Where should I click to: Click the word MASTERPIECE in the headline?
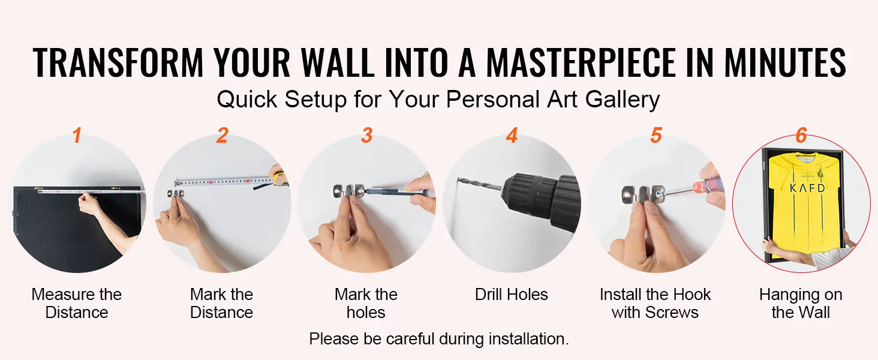coord(581,63)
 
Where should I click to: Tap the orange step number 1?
coord(77,135)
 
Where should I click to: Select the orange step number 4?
coord(512,135)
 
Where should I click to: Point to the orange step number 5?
coord(656,135)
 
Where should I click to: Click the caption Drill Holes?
coord(511,295)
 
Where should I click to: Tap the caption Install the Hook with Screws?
coord(655,304)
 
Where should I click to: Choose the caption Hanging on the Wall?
coord(801,304)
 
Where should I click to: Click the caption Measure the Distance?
coord(77,304)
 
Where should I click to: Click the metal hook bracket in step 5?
coord(642,195)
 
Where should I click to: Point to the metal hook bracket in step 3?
coord(348,193)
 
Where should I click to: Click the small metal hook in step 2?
coord(175,194)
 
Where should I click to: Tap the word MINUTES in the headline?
coord(785,63)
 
